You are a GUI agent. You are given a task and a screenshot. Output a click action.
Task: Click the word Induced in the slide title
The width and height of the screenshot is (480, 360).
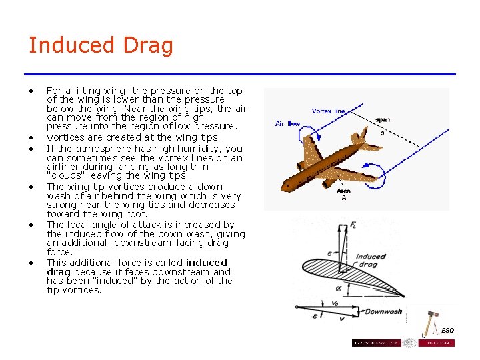(71, 45)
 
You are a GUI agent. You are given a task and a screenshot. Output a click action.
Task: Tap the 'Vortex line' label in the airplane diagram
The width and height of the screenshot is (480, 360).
(329, 111)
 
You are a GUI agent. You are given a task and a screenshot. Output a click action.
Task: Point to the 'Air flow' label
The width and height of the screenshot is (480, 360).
(288, 123)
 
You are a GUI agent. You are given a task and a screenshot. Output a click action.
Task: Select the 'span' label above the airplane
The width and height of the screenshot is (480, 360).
(383, 120)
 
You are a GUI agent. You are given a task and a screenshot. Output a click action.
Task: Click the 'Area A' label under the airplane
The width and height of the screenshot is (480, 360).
(344, 194)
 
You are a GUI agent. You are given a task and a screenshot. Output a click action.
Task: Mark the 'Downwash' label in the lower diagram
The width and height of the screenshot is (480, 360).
(383, 311)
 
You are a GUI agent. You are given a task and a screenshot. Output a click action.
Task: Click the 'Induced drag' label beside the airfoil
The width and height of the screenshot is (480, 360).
(371, 261)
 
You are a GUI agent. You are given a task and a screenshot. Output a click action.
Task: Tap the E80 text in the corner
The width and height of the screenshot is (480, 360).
(447, 331)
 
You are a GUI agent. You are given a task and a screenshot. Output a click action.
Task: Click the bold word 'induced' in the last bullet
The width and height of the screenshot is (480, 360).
(207, 263)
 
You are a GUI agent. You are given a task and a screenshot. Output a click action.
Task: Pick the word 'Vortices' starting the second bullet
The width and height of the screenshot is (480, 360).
(64, 137)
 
